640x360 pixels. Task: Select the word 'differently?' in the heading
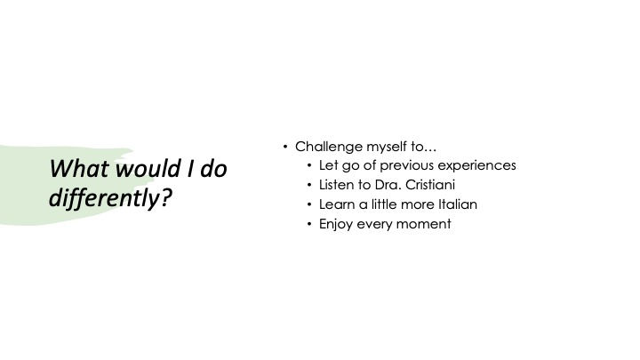point(110,198)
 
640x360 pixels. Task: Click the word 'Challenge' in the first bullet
point(329,147)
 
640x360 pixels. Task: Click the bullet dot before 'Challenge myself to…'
point(285,147)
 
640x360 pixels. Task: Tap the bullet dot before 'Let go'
point(309,165)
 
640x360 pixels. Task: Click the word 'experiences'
point(476,165)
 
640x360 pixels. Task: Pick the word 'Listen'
point(337,185)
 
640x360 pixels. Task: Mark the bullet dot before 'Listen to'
point(309,185)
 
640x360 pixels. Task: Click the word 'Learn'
point(337,204)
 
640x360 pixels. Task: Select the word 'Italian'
point(458,204)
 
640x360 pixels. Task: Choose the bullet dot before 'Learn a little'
point(309,204)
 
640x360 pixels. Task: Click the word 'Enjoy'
point(336,224)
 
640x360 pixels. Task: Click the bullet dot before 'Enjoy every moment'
point(309,224)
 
